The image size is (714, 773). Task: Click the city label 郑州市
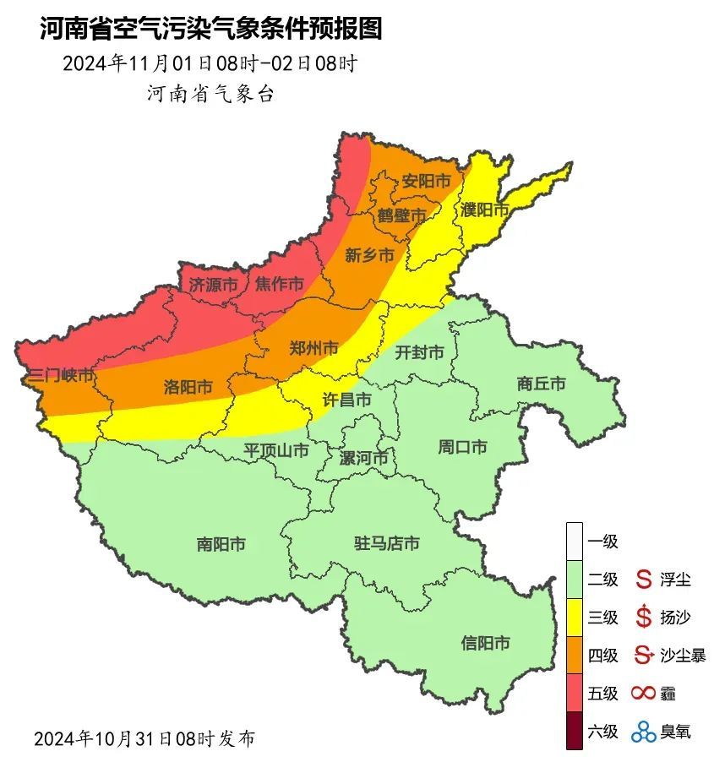(x=313, y=348)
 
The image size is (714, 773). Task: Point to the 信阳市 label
(x=485, y=643)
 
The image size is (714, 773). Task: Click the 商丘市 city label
(x=541, y=384)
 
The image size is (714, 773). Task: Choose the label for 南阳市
(x=221, y=545)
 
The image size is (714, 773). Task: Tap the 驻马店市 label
(x=386, y=543)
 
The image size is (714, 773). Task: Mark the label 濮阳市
(x=485, y=209)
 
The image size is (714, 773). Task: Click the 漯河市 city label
(x=363, y=458)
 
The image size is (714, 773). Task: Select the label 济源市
(x=212, y=285)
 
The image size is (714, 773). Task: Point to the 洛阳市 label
(x=187, y=387)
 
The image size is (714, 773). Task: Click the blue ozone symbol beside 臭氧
(x=644, y=731)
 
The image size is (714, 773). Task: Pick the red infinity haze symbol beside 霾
(x=644, y=694)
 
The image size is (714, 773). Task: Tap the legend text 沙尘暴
(x=682, y=655)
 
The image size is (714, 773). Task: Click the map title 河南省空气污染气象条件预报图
(x=210, y=30)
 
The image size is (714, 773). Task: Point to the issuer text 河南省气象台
(x=210, y=94)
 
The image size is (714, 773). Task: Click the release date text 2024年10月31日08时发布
(x=144, y=738)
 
